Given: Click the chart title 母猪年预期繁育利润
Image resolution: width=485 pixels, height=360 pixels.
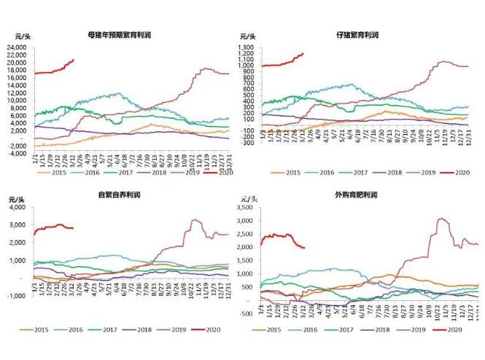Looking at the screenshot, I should [120, 34].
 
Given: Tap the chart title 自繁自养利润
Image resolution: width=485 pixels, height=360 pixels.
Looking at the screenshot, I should [121, 196].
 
